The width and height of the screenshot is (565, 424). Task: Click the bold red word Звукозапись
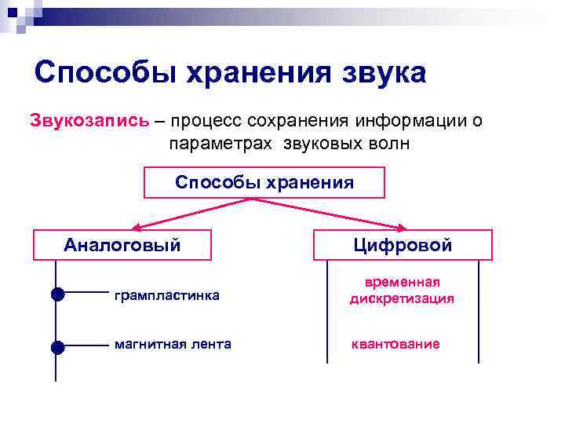tap(89, 121)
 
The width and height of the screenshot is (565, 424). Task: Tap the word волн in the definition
tap(389, 144)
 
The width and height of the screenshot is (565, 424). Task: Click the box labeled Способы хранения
tap(264, 182)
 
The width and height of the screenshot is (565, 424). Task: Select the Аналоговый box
tap(122, 245)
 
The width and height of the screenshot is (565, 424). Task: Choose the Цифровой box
tap(403, 245)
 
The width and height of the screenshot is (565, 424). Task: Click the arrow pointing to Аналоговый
tap(188, 214)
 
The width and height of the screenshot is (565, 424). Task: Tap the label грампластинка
tap(166, 296)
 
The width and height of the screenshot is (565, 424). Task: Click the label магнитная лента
tap(173, 344)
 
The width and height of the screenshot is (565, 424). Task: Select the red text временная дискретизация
tap(402, 291)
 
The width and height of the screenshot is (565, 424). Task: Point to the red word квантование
tap(395, 344)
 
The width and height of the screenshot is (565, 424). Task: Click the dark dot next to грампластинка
tap(56, 295)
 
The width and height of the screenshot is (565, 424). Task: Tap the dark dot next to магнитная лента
tap(56, 345)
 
